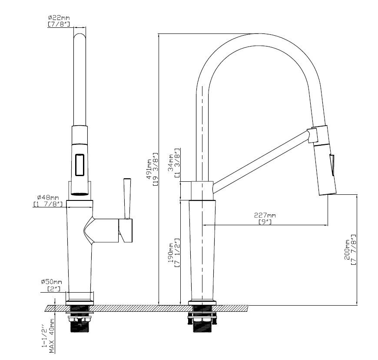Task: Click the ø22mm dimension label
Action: (x=59, y=18)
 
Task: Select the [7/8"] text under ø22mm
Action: (x=59, y=24)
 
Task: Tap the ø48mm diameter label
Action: (x=48, y=198)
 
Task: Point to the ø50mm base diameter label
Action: (x=51, y=282)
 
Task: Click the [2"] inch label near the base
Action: (x=54, y=289)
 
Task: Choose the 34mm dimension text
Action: (x=170, y=163)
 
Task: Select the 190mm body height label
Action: (x=171, y=253)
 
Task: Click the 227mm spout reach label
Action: (x=265, y=215)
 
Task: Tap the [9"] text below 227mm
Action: (x=265, y=221)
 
